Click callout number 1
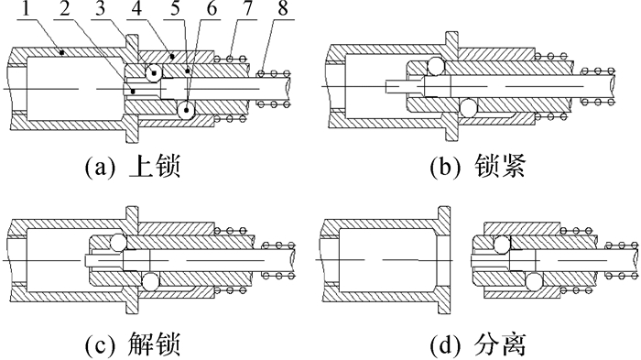(x=27, y=9)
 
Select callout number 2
(x=65, y=9)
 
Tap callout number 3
(x=101, y=9)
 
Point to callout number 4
(x=136, y=9)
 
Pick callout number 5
(x=175, y=9)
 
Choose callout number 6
(x=212, y=9)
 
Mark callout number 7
(x=248, y=9)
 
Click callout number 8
(x=283, y=9)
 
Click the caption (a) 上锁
(x=133, y=167)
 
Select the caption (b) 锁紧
(x=478, y=167)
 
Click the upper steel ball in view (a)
(x=154, y=73)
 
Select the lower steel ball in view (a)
(x=186, y=111)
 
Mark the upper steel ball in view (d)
(x=502, y=245)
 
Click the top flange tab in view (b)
(x=451, y=38)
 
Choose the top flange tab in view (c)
(x=133, y=214)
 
